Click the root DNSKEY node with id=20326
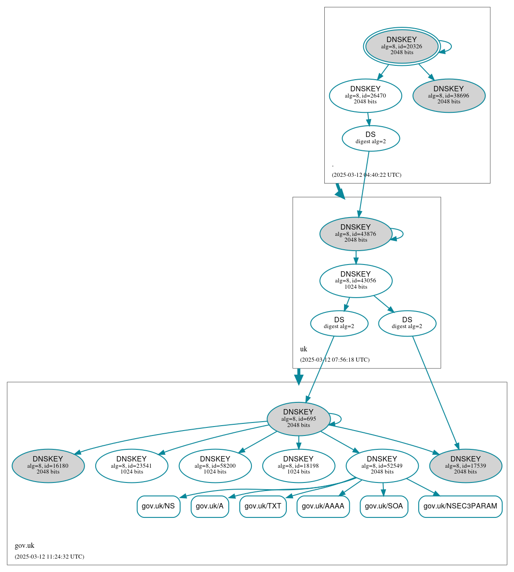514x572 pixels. tap(402, 47)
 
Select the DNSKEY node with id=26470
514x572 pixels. tap(365, 95)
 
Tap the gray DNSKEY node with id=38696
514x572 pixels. tap(449, 95)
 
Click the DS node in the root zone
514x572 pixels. tap(370, 138)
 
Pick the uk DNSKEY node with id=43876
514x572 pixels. tap(356, 234)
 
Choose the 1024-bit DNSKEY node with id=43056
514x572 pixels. tap(356, 281)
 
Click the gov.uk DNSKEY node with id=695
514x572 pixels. tap(298, 418)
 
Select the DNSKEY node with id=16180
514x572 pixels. tap(48, 465)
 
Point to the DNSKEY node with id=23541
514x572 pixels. tap(132, 465)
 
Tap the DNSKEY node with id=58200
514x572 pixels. tap(215, 465)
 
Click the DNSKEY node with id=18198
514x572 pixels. tap(298, 465)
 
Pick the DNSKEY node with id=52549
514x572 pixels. tap(382, 465)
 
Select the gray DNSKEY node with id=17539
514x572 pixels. tap(465, 465)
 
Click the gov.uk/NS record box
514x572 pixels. tap(158, 506)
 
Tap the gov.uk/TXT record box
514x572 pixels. tap(263, 506)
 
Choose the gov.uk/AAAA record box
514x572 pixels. tap(323, 506)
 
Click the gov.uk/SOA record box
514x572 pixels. tap(384, 506)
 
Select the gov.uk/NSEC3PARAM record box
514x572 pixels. tap(460, 506)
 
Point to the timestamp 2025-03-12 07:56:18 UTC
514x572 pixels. tap(335, 360)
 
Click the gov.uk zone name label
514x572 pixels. tap(25, 546)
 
